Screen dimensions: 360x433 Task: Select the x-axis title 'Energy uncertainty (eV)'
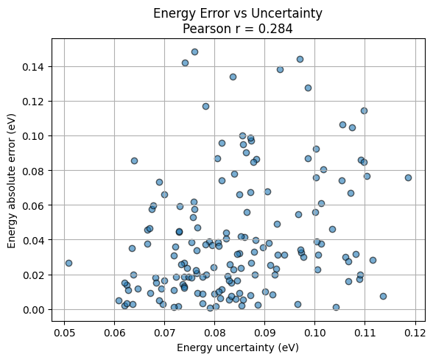[x=238, y=347]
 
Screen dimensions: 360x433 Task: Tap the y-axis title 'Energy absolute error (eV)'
[x=13, y=174]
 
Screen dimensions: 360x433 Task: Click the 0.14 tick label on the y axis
[x=31, y=66]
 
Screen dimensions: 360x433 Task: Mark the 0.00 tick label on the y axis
[x=31, y=310]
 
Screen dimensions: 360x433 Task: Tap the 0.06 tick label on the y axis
[x=31, y=205]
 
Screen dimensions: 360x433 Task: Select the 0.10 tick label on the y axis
[x=31, y=136]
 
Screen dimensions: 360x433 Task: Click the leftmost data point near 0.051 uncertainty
[x=68, y=263]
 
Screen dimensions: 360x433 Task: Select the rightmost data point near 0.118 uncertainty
[x=408, y=177]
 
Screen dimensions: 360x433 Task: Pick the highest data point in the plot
[x=194, y=52]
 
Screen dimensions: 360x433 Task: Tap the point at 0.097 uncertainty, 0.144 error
[x=300, y=59]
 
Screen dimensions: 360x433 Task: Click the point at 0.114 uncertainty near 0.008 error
[x=383, y=296]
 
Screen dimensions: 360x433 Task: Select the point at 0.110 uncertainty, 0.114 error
[x=364, y=110]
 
